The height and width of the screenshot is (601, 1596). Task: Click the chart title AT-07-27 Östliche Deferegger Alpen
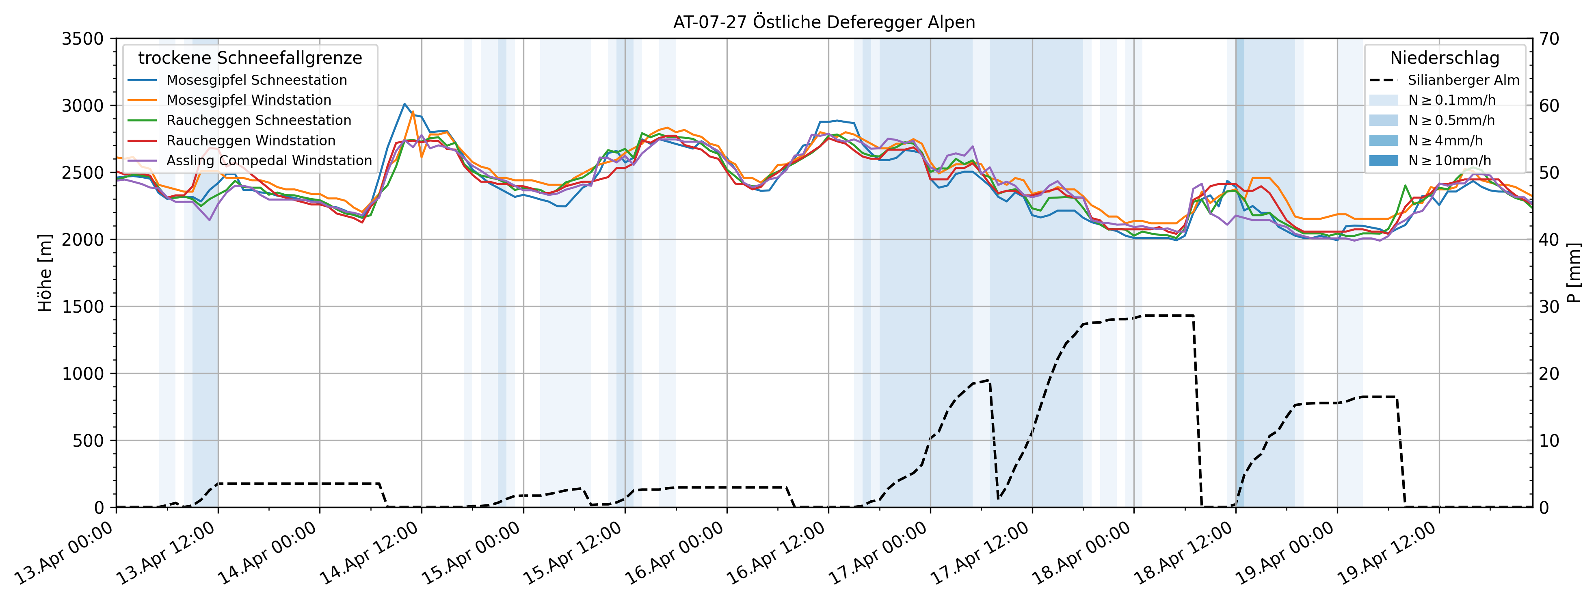pos(824,22)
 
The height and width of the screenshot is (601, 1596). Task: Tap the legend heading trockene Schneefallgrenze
pos(250,58)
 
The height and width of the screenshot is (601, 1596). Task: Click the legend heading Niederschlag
pos(1444,58)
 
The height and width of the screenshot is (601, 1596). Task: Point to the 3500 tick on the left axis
pos(82,39)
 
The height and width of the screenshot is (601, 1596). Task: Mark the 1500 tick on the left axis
pos(82,307)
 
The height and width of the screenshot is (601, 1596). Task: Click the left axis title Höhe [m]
pos(45,272)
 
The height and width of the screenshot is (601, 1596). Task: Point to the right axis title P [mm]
pos(1574,272)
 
